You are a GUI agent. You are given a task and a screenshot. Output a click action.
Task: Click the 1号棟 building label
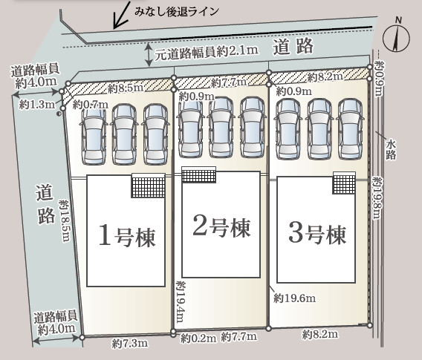coord(127,236)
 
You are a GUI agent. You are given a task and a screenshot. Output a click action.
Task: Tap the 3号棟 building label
coord(317,233)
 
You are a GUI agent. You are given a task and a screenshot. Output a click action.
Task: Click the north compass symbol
coord(396,35)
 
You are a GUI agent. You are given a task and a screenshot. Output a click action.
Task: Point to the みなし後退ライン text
coord(177,12)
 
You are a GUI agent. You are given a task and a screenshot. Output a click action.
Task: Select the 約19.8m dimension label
coord(377,197)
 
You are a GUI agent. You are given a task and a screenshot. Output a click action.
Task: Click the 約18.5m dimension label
coord(65,220)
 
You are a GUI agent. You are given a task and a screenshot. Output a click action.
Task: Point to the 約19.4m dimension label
coord(181,301)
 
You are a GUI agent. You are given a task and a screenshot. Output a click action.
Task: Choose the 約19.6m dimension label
coord(295,298)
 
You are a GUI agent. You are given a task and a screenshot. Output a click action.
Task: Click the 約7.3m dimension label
coord(130,344)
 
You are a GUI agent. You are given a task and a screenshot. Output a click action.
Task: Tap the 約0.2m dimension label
coord(198,338)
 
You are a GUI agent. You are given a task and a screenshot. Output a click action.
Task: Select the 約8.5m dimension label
coord(126,88)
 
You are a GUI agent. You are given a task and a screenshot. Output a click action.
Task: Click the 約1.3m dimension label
coord(37,104)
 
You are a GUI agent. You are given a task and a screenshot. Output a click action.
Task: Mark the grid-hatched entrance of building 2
coord(198,174)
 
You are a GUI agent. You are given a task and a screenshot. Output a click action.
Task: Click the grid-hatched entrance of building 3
coord(344,183)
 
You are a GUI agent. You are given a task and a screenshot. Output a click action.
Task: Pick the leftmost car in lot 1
coord(94,137)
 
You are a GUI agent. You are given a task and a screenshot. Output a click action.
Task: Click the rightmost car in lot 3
coord(350,129)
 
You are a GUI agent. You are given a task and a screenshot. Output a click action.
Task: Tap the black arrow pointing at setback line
coord(122,15)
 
